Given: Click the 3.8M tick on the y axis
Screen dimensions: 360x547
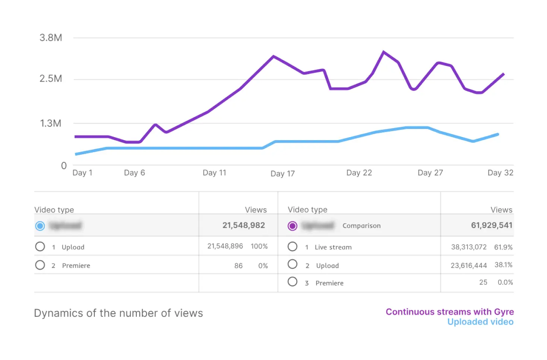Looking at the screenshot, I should click(x=51, y=38).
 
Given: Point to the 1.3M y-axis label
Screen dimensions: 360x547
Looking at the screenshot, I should click(x=51, y=123).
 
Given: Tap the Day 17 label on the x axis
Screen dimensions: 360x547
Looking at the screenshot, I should click(x=282, y=174).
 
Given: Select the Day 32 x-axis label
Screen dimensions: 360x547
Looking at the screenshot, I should click(x=500, y=173).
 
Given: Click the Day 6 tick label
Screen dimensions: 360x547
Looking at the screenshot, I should click(x=134, y=173).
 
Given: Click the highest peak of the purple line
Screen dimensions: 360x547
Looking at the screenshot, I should click(x=383, y=52).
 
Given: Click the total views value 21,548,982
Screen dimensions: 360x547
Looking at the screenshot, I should click(x=243, y=225).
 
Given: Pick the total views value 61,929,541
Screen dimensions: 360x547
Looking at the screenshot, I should click(x=491, y=225).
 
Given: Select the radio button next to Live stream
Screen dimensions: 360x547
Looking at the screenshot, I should click(x=293, y=247).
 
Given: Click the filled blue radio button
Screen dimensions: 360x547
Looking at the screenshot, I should click(x=40, y=226).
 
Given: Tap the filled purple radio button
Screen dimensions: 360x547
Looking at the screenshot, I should click(x=293, y=226).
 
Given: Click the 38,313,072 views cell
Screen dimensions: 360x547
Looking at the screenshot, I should click(x=469, y=247).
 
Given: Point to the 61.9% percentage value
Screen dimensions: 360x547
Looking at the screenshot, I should click(x=503, y=247).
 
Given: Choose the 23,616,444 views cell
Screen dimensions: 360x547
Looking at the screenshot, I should click(x=469, y=265).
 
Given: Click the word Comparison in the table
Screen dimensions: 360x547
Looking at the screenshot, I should click(x=361, y=225).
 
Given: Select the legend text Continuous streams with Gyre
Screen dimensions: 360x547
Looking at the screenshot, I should click(x=449, y=312).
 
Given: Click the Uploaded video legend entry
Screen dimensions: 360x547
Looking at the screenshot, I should click(x=480, y=322).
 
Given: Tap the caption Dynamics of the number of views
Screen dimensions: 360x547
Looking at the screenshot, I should click(x=118, y=313).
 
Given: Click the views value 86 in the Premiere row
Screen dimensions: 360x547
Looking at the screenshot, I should click(x=238, y=266).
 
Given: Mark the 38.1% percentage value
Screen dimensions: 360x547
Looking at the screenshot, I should click(x=503, y=265).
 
